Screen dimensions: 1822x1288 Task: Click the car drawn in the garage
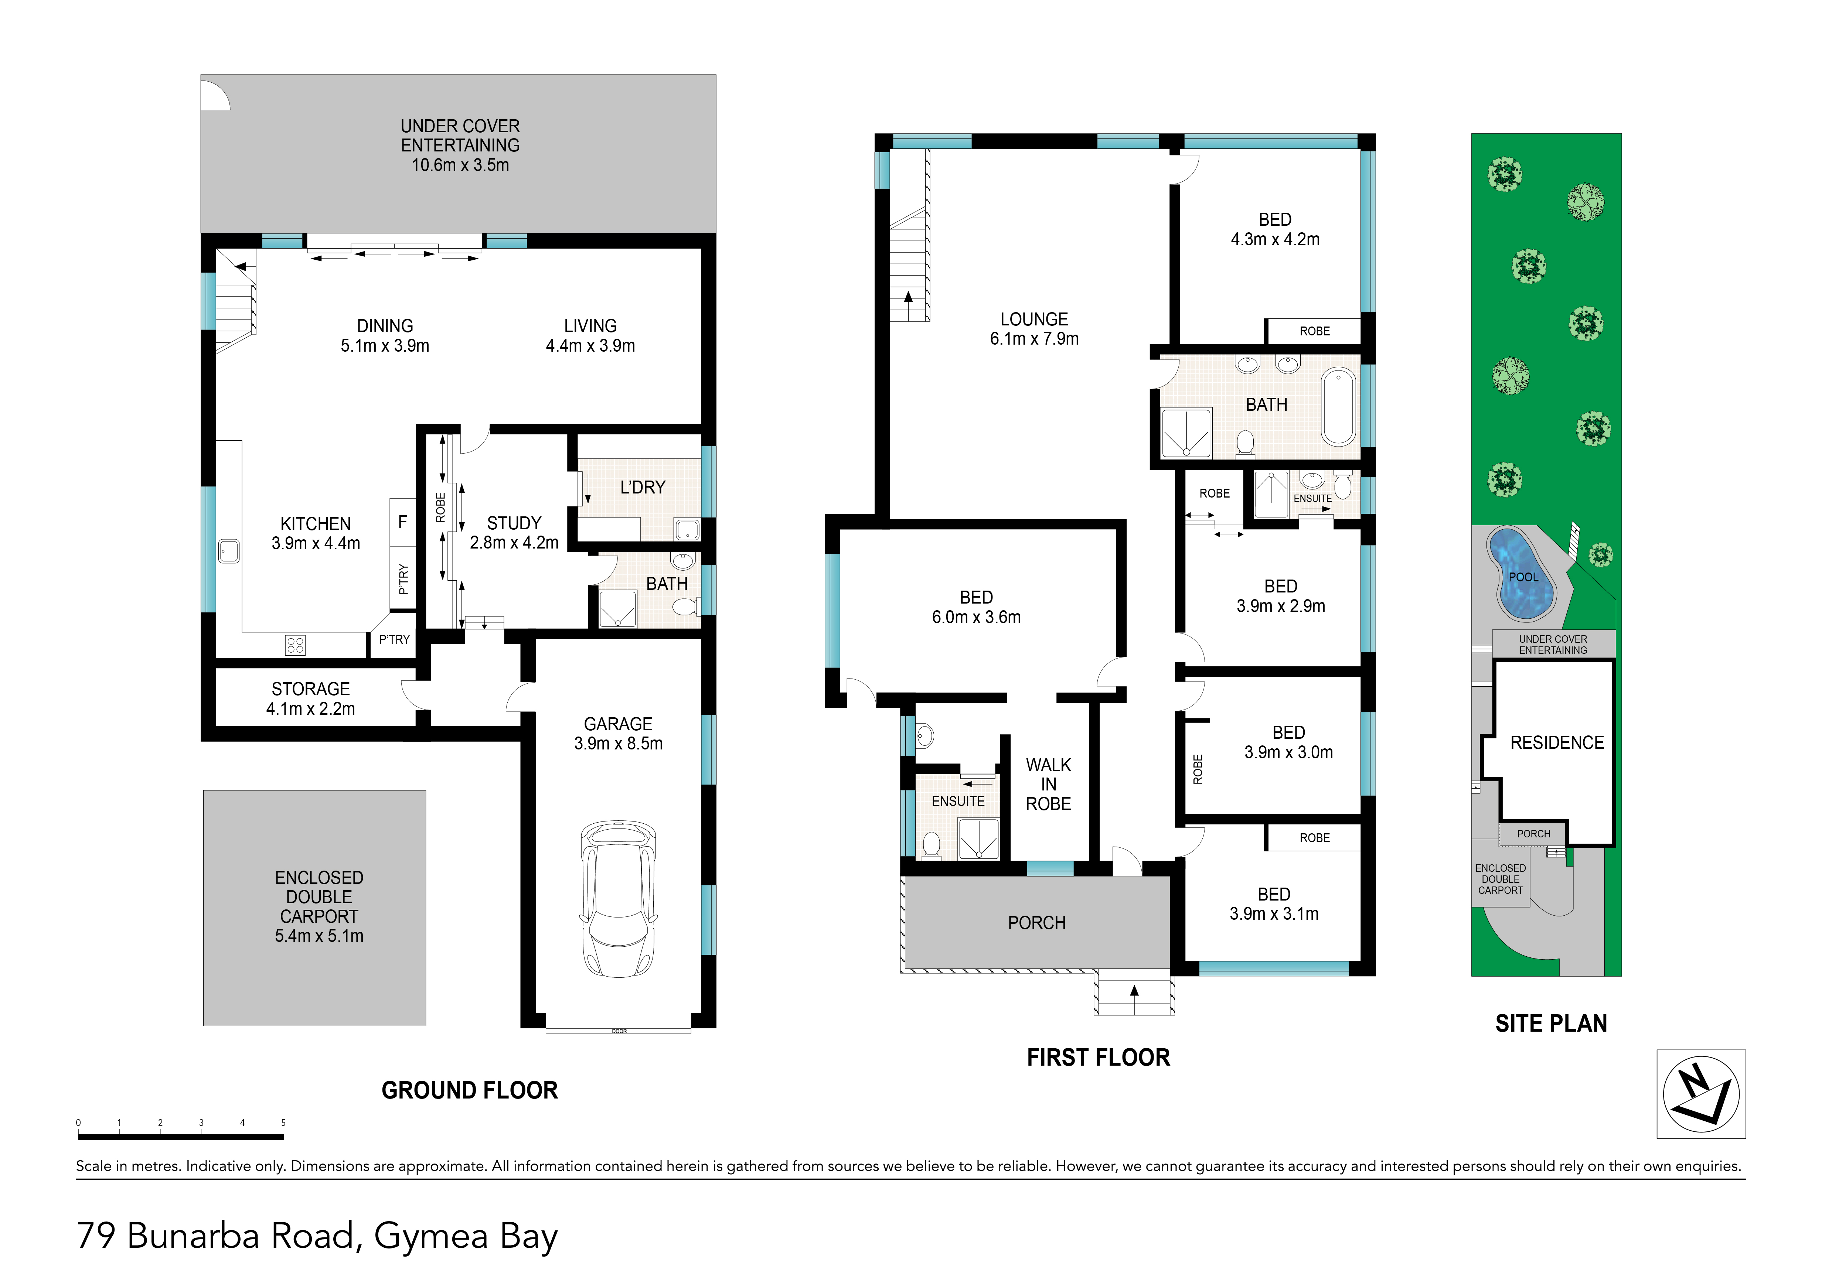click(619, 899)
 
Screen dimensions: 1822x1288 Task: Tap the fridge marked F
click(402, 522)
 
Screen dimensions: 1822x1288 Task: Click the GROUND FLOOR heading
click(470, 1090)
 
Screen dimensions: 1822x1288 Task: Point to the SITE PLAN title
click(1552, 1024)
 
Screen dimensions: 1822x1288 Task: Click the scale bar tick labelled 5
click(283, 1123)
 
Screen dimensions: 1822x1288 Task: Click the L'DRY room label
click(643, 487)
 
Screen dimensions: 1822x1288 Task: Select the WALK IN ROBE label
click(1048, 785)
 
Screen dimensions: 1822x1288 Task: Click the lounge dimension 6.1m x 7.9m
click(1034, 339)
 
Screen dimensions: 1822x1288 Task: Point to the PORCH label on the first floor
click(1036, 923)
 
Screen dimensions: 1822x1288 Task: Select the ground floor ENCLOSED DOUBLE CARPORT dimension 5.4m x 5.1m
click(319, 936)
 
